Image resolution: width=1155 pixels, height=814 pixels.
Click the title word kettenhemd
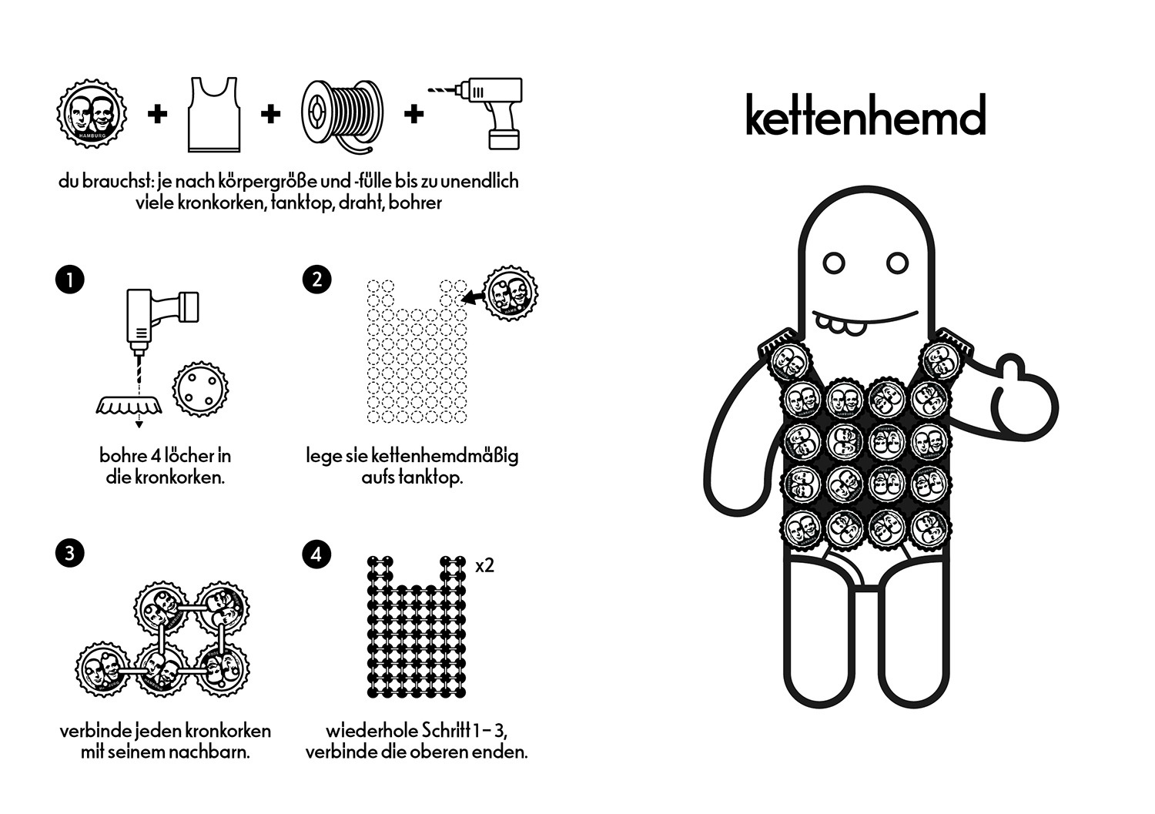tap(865, 115)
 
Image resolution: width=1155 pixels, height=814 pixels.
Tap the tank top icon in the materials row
tap(214, 115)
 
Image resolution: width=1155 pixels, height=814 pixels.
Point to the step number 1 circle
tap(69, 280)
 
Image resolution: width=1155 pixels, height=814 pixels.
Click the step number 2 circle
tap(316, 280)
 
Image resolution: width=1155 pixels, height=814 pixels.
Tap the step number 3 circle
tap(69, 553)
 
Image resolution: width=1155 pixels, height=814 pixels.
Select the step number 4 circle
tap(316, 554)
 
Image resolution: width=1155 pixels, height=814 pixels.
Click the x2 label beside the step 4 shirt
tap(484, 566)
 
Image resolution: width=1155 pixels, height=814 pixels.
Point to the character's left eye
tap(834, 263)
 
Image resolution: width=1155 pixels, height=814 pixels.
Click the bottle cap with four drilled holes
tap(200, 388)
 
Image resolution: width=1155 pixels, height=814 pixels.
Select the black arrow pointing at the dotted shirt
tap(472, 297)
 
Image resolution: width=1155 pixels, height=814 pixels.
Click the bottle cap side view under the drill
tap(129, 405)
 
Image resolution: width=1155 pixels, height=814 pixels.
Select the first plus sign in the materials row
tap(157, 114)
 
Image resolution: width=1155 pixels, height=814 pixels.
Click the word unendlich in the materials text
tap(480, 182)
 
